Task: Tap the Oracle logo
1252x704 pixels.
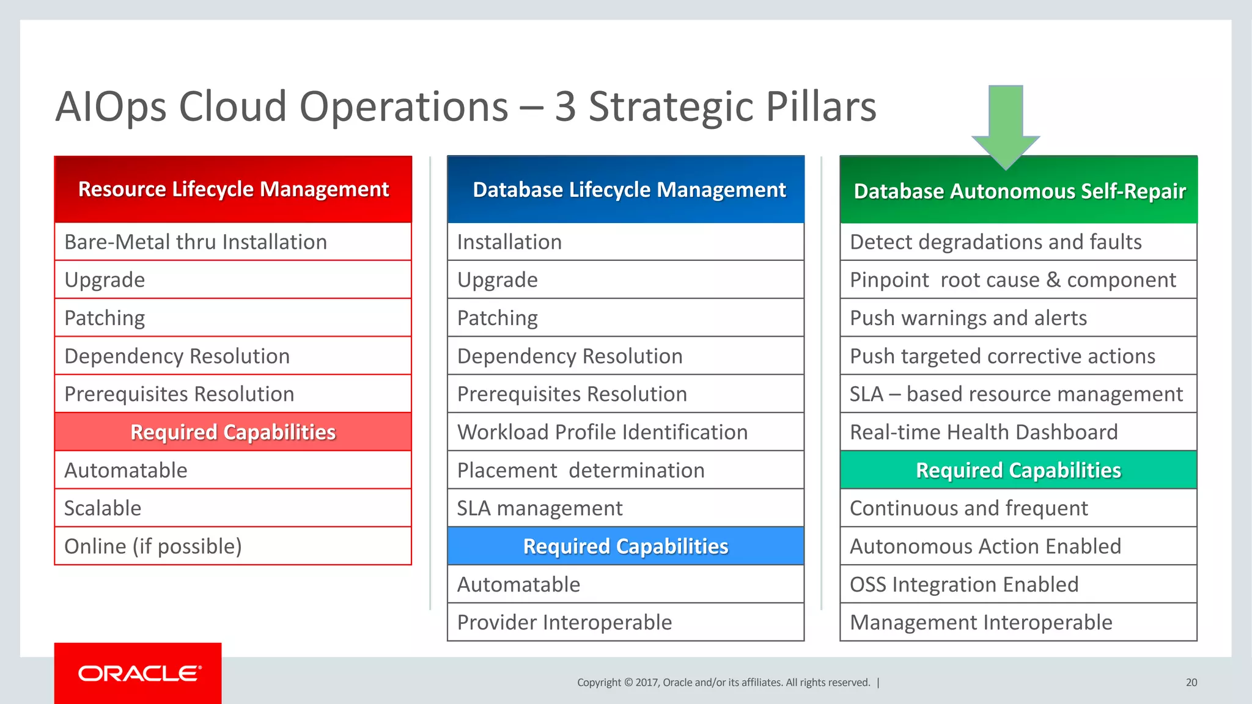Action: tap(139, 673)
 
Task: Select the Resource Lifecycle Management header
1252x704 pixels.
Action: tap(233, 189)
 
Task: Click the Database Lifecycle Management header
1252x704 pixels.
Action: tap(625, 189)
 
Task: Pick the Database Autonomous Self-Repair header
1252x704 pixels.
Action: tap(1018, 191)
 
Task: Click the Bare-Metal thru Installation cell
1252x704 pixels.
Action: tap(233, 242)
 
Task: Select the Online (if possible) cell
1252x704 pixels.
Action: tap(233, 546)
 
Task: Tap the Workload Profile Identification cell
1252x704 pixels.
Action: tap(625, 432)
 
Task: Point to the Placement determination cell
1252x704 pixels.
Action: tap(625, 471)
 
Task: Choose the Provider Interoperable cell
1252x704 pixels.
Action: tap(625, 623)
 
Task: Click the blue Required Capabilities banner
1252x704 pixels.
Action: tap(625, 546)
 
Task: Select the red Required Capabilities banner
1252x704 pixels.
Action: tap(233, 432)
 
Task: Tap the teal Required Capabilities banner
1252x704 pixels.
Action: tap(1018, 471)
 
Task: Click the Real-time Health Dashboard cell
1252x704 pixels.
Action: tap(1018, 432)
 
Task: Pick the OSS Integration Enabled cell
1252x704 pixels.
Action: tap(1018, 585)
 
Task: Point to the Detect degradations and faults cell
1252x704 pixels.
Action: tap(1018, 242)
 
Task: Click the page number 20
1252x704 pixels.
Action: tap(1191, 683)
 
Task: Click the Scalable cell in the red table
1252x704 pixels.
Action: tap(233, 508)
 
